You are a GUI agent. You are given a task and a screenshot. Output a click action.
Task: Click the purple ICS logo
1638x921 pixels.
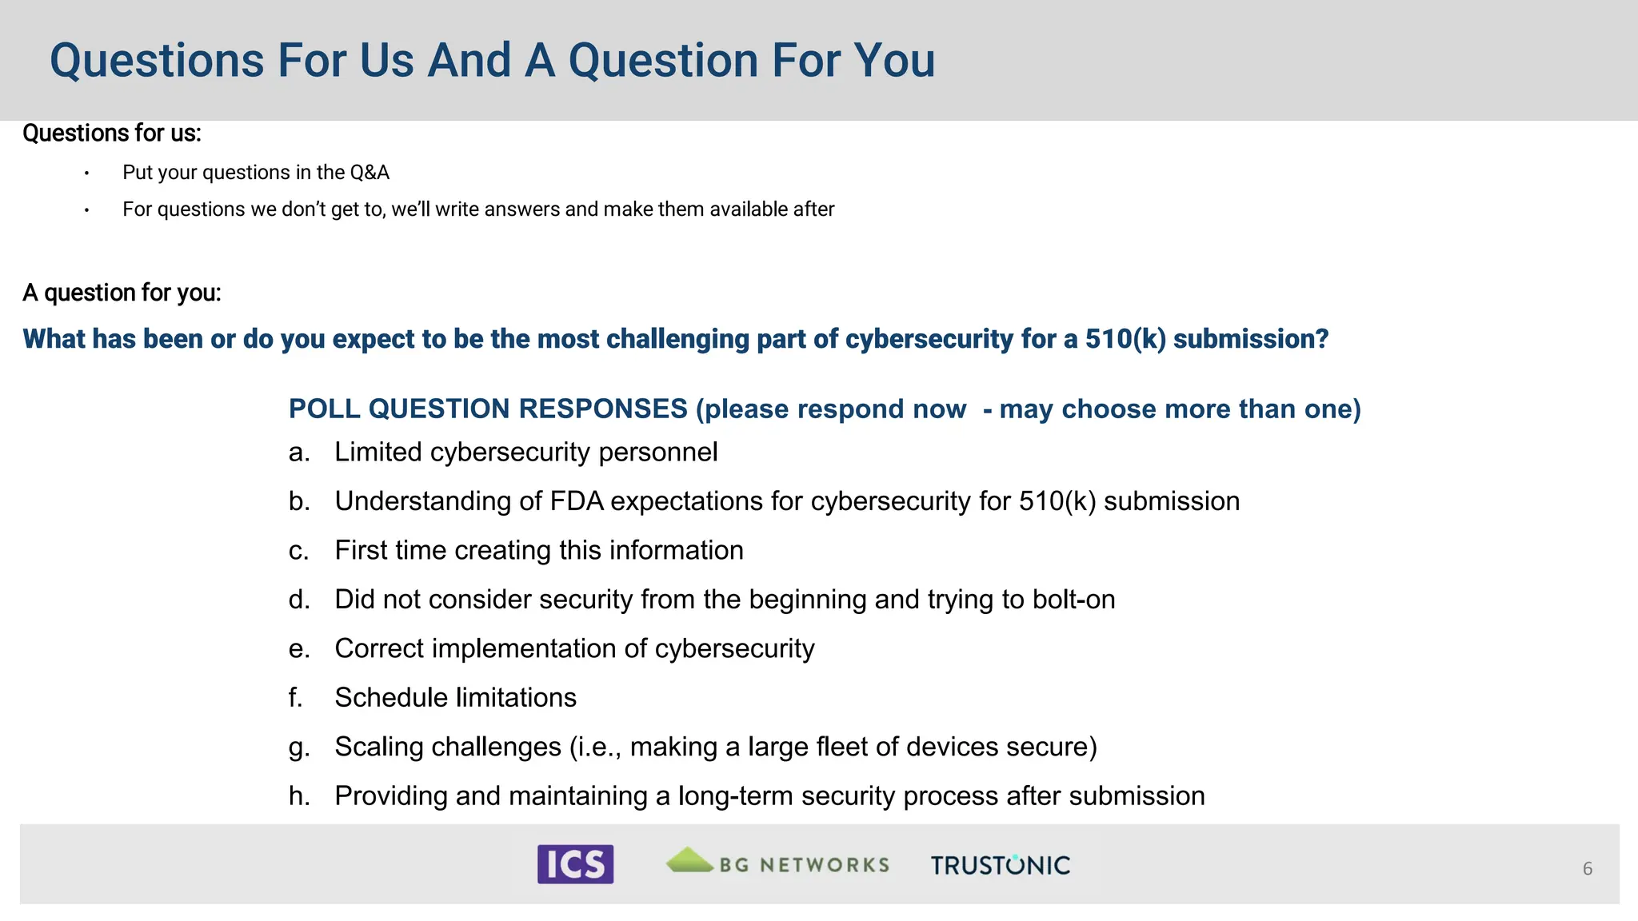tap(575, 864)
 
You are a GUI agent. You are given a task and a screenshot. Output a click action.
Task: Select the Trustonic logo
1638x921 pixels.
tap(1000, 865)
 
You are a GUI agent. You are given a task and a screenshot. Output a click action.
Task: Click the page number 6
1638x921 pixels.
tap(1588, 868)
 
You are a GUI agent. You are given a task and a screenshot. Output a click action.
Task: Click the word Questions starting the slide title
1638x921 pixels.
tap(157, 61)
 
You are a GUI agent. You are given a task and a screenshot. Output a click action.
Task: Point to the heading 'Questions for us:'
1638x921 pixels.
tap(112, 133)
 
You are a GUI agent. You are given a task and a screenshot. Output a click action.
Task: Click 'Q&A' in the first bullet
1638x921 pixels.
tap(370, 173)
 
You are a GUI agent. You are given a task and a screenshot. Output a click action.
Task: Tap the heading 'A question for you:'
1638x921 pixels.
tap(122, 293)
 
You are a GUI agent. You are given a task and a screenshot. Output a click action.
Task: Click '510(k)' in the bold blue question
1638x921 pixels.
tap(1125, 339)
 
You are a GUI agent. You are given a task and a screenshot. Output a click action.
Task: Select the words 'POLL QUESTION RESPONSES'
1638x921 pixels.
tap(488, 409)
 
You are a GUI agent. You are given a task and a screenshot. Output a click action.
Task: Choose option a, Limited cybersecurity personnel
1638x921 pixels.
tap(525, 453)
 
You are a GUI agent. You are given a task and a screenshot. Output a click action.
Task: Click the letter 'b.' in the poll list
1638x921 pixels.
tap(299, 501)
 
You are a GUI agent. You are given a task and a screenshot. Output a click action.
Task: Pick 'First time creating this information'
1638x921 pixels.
tap(538, 551)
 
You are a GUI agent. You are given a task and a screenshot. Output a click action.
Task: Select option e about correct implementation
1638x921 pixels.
tap(573, 648)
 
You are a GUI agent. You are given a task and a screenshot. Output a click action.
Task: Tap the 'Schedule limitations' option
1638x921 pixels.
tap(455, 698)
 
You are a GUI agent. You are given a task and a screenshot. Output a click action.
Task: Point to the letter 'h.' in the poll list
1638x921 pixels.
tap(299, 796)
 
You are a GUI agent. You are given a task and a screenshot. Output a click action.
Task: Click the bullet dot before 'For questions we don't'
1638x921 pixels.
tap(86, 210)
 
